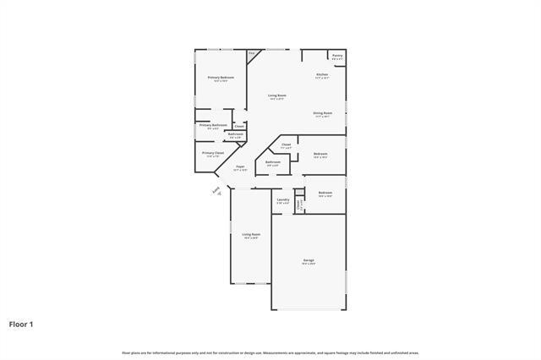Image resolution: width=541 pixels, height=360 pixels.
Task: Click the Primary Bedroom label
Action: [221, 77]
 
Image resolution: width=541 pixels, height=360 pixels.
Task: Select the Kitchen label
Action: [322, 74]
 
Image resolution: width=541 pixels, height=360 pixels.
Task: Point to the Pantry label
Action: [337, 56]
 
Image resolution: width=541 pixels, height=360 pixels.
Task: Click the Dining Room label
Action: [323, 112]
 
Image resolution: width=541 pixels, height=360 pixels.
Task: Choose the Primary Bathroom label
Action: [213, 125]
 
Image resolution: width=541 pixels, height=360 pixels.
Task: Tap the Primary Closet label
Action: [213, 153]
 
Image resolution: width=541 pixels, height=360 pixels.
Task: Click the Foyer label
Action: [240, 166]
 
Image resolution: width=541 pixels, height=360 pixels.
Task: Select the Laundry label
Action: [283, 199]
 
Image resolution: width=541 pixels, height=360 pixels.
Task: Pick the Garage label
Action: [309, 259]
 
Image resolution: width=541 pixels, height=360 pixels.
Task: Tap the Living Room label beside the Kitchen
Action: [277, 95]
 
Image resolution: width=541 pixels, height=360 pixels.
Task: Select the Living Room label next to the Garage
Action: [251, 234]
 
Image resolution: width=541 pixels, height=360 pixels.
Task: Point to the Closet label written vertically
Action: [298, 204]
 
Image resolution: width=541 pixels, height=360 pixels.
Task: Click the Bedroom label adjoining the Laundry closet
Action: [325, 193]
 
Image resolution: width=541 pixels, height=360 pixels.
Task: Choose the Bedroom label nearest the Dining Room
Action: [320, 154]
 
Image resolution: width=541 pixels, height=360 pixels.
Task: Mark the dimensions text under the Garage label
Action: [309, 264]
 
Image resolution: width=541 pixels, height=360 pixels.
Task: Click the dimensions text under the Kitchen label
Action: [322, 79]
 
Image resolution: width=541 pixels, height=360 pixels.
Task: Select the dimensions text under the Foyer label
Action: [240, 170]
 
